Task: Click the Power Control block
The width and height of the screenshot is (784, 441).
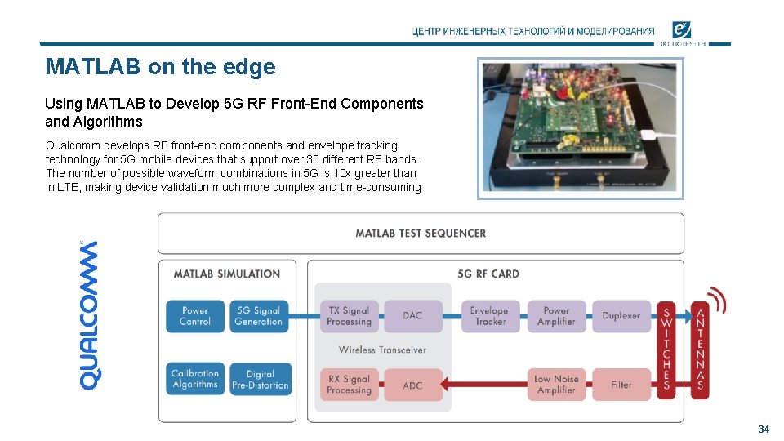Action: pyautogui.click(x=195, y=316)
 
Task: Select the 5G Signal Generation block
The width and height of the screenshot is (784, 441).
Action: pyautogui.click(x=258, y=316)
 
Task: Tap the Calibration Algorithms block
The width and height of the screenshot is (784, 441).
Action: pyautogui.click(x=195, y=379)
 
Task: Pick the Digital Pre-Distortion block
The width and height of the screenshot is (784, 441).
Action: pyautogui.click(x=260, y=380)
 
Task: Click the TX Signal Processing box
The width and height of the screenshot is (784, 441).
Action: pyautogui.click(x=349, y=316)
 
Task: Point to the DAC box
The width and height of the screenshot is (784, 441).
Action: pyautogui.click(x=413, y=316)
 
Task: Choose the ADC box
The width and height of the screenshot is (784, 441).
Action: pyautogui.click(x=413, y=385)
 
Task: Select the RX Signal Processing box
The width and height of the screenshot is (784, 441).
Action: pyautogui.click(x=349, y=385)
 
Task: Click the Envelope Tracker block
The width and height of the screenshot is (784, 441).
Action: pyautogui.click(x=490, y=316)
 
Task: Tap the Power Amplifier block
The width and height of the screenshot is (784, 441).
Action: pyautogui.click(x=556, y=316)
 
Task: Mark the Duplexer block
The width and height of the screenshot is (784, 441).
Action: pyautogui.click(x=621, y=316)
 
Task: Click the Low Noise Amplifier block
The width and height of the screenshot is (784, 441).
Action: pyautogui.click(x=556, y=385)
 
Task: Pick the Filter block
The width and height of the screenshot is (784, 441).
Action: pyautogui.click(x=621, y=385)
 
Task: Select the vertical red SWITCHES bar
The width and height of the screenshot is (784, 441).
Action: pyautogui.click(x=666, y=350)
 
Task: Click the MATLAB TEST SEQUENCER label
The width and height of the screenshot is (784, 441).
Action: pyautogui.click(x=421, y=234)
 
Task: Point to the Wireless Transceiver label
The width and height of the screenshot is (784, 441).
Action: pyautogui.click(x=382, y=350)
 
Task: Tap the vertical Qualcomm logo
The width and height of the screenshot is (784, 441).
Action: pyautogui.click(x=90, y=314)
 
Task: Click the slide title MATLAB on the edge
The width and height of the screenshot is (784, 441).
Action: pyautogui.click(x=161, y=67)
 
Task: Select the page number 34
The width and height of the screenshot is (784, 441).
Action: pyautogui.click(x=764, y=429)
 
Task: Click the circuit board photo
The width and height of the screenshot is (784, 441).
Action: pyautogui.click(x=581, y=128)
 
